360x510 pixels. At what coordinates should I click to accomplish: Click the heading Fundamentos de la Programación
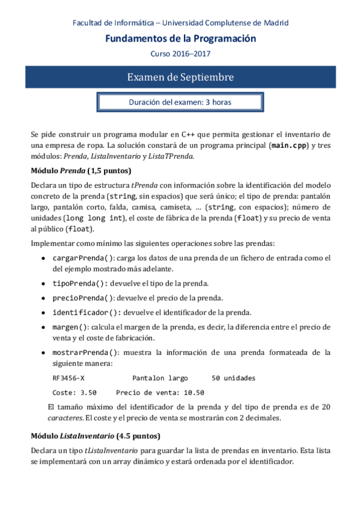coord(180,38)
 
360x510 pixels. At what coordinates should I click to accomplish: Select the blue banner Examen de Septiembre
coord(180,78)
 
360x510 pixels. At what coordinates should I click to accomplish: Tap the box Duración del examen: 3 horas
coord(180,102)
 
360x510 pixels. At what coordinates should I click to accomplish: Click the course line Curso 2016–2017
coord(180,54)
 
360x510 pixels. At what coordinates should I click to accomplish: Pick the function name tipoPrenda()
coord(73,283)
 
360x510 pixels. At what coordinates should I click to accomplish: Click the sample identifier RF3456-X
coord(69,378)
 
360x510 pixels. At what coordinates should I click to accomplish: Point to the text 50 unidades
coord(234,378)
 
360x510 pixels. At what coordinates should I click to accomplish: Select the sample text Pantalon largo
coord(160,378)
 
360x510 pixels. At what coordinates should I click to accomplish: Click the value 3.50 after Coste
coord(88,393)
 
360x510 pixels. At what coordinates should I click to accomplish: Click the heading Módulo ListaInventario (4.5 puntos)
coord(95,434)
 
